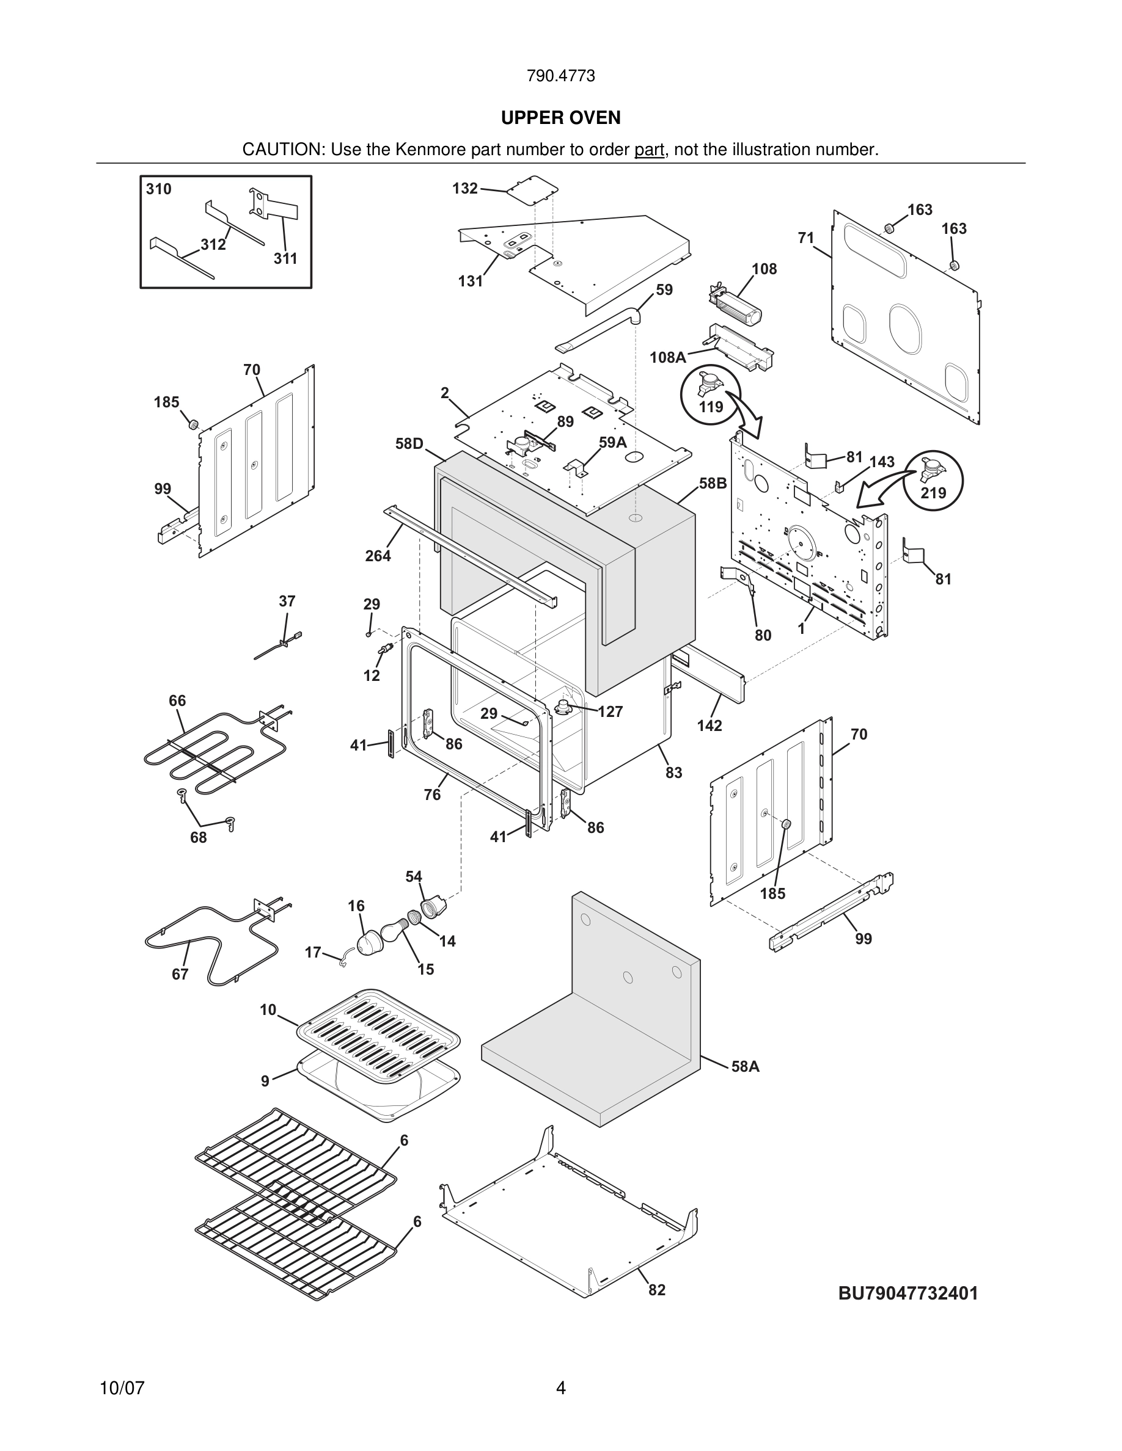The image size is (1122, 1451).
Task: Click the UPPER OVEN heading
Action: [560, 118]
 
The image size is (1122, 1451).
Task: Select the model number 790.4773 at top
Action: [560, 76]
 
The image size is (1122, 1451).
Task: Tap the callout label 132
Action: [464, 189]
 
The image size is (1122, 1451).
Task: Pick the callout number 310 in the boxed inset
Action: [159, 189]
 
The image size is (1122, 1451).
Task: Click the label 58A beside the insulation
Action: [745, 1066]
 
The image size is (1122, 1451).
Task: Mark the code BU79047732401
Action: [908, 1293]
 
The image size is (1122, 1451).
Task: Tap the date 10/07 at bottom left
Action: [122, 1389]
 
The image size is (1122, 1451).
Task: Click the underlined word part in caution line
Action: [649, 150]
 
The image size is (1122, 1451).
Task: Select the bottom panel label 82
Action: [657, 1290]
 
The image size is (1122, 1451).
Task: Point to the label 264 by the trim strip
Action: [378, 556]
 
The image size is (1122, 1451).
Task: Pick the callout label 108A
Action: [667, 358]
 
